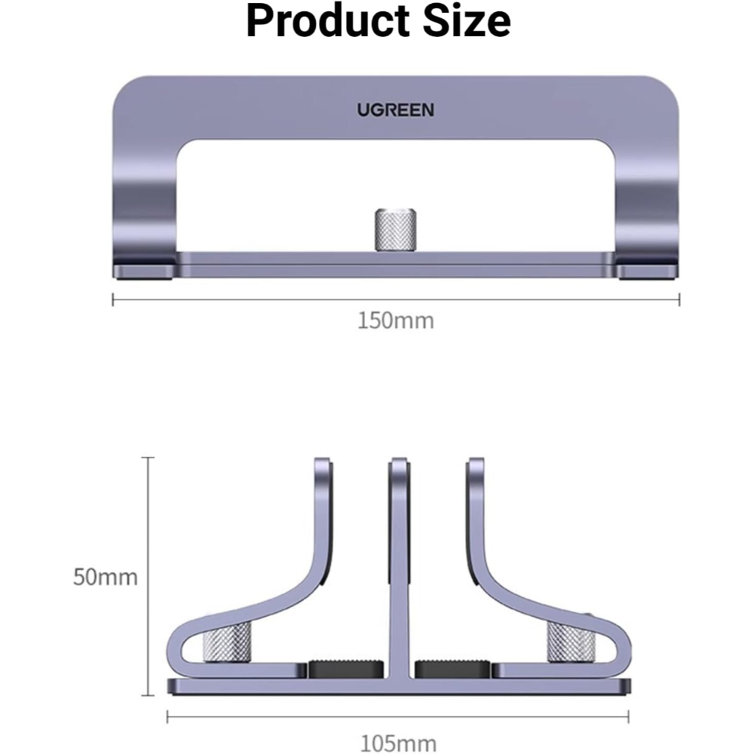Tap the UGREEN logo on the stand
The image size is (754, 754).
pos(395,110)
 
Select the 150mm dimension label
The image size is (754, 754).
pos(395,320)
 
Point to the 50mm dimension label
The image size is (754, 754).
pos(106,577)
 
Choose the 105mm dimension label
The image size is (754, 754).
pos(398,743)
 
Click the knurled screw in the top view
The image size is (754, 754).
pos(395,230)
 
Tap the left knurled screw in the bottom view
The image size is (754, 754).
pos(228,642)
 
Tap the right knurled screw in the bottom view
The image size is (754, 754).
pos(571,641)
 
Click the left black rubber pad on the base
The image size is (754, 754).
pos(346,669)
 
